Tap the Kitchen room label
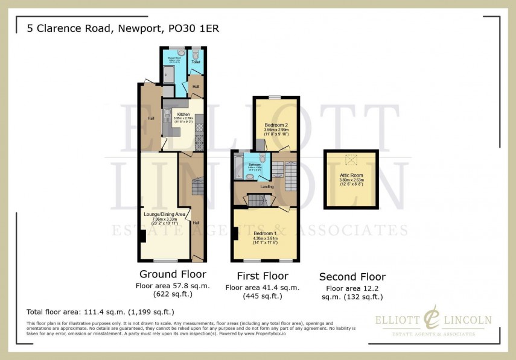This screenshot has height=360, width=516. [183, 114]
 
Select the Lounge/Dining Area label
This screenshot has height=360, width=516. [159, 213]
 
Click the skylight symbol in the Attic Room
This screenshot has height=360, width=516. [350, 160]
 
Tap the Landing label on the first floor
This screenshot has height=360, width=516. [267, 187]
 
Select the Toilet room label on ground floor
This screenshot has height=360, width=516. [196, 62]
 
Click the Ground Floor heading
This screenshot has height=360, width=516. [174, 274]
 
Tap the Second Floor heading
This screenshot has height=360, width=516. [352, 277]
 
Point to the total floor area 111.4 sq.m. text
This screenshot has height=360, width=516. [101, 312]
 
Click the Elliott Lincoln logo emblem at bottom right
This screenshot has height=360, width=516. [432, 319]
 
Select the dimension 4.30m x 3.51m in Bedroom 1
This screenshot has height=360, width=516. [265, 239]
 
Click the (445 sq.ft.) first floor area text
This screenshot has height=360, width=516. [263, 296]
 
